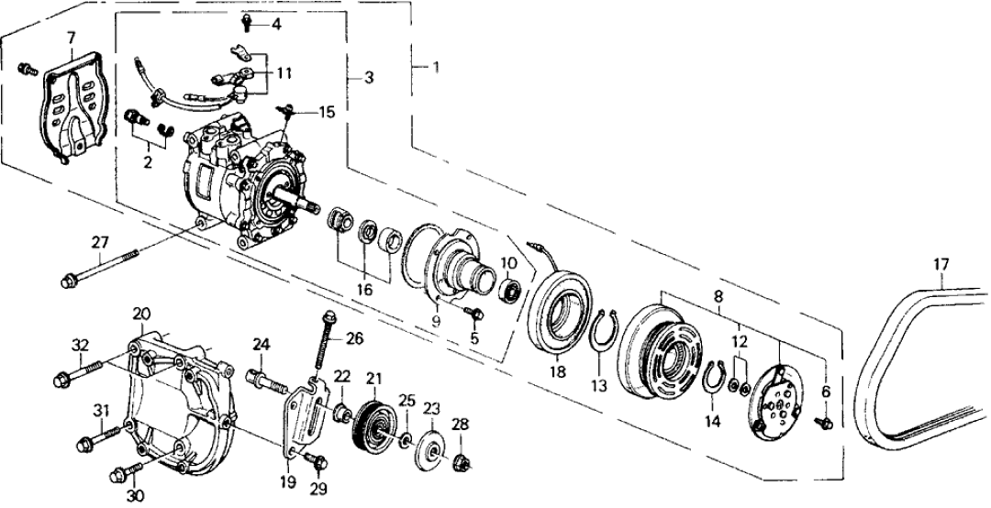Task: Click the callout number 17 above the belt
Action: (940, 265)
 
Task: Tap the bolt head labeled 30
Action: (121, 475)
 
